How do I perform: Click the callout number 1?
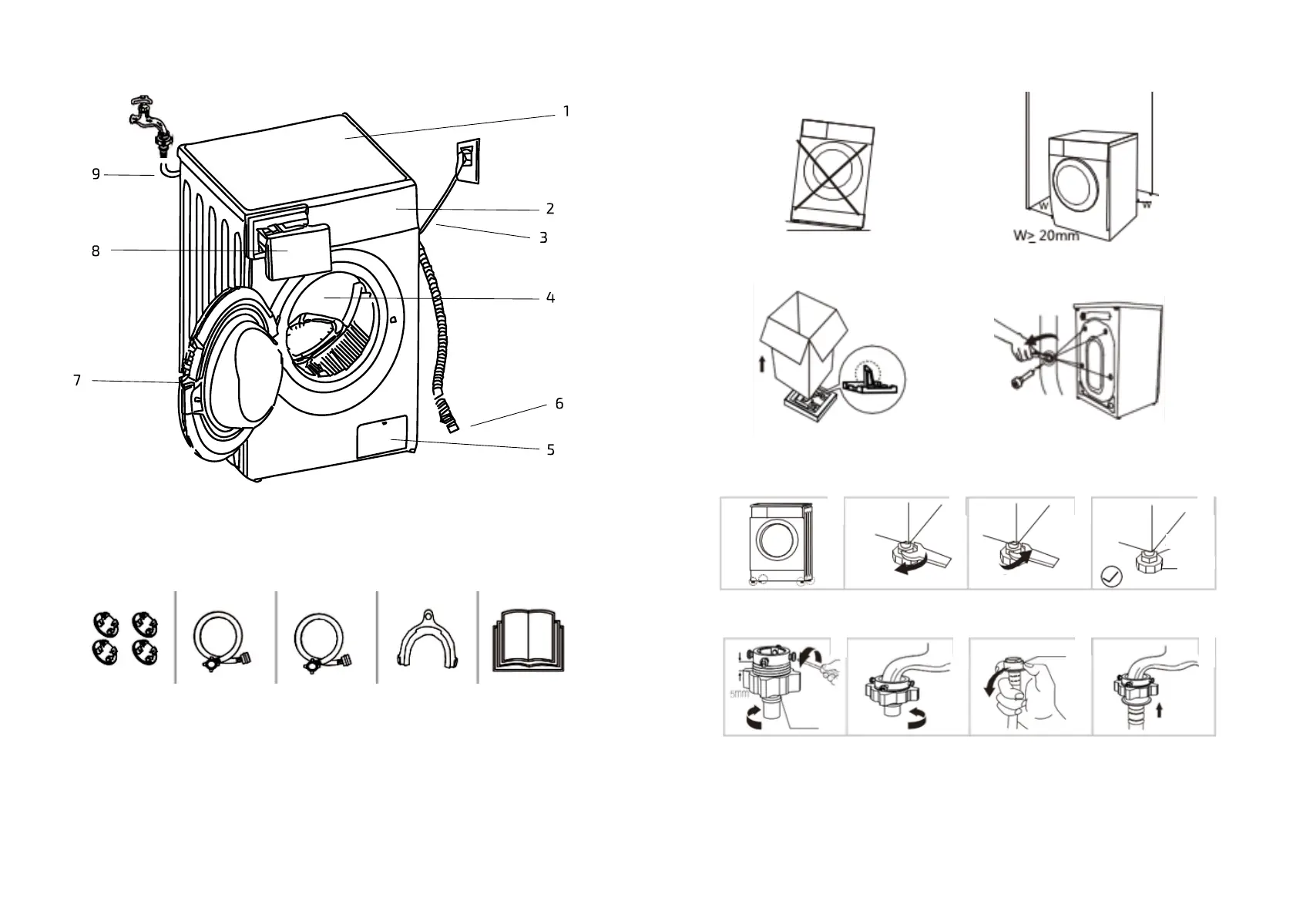pos(566,112)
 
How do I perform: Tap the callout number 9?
pos(96,174)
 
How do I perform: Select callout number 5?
pos(550,450)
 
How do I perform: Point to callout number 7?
pos(77,381)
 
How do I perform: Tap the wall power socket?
pos(468,160)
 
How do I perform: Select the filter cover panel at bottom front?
pos(381,437)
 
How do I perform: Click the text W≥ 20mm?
pos(1045,236)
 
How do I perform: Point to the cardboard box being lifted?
pos(801,339)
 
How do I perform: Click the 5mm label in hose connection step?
pos(738,694)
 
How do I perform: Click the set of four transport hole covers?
pos(125,637)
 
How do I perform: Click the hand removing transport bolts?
pos(1015,341)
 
